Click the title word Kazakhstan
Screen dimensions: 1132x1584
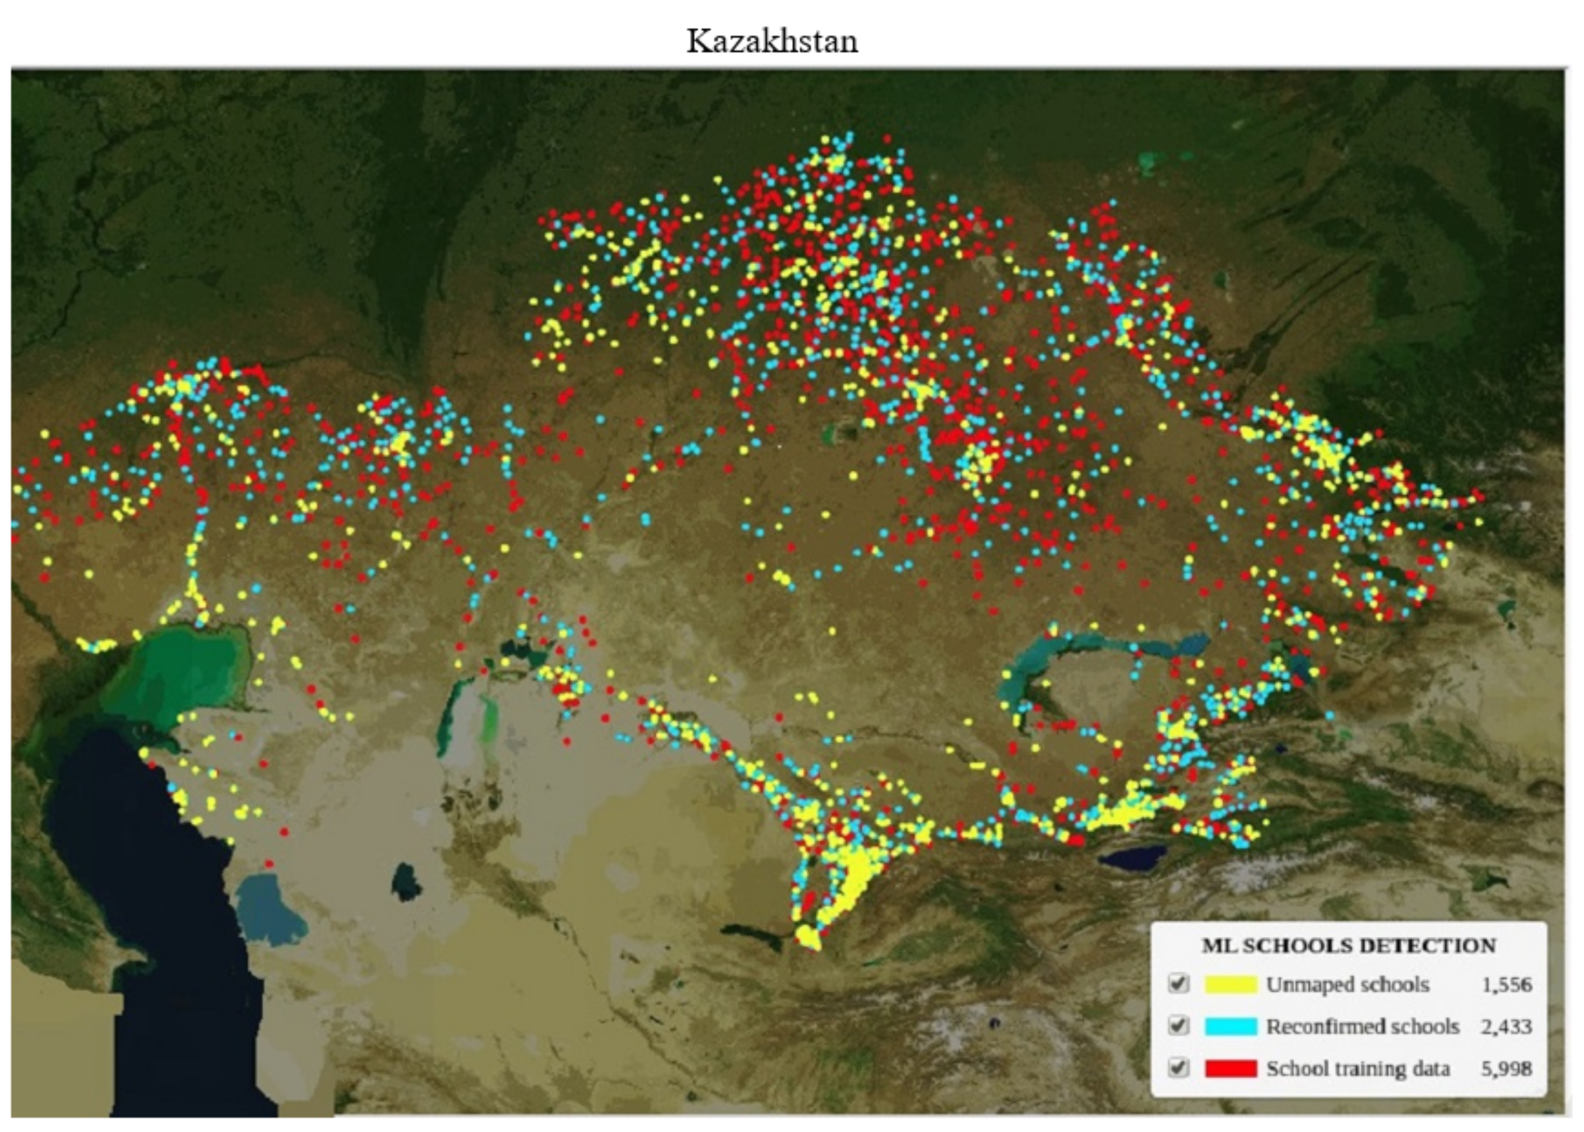point(772,41)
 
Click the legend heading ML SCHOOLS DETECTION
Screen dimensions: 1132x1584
point(1348,946)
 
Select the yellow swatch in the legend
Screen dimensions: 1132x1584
point(1231,984)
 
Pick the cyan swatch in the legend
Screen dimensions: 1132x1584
point(1231,1026)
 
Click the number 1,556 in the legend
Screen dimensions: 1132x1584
point(1506,984)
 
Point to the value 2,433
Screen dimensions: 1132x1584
point(1506,1026)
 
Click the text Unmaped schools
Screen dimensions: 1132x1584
point(1348,984)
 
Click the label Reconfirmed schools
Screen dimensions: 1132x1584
point(1362,1026)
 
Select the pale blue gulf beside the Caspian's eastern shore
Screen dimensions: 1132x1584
point(269,910)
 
